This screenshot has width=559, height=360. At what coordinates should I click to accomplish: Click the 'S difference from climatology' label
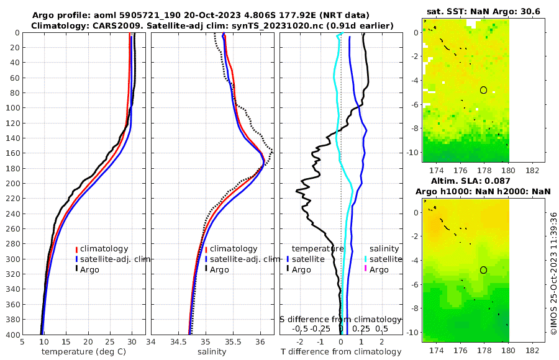(340, 318)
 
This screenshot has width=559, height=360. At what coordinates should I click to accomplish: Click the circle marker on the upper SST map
(483, 90)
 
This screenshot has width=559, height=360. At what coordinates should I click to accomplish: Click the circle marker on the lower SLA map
(483, 270)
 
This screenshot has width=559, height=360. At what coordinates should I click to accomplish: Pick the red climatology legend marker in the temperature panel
(76, 249)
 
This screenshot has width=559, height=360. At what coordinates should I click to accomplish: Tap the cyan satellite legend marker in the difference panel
(365, 259)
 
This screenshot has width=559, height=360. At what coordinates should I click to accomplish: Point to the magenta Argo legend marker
(365, 269)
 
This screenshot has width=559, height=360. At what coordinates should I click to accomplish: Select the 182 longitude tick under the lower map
(532, 350)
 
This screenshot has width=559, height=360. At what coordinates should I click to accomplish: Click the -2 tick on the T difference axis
(300, 341)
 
